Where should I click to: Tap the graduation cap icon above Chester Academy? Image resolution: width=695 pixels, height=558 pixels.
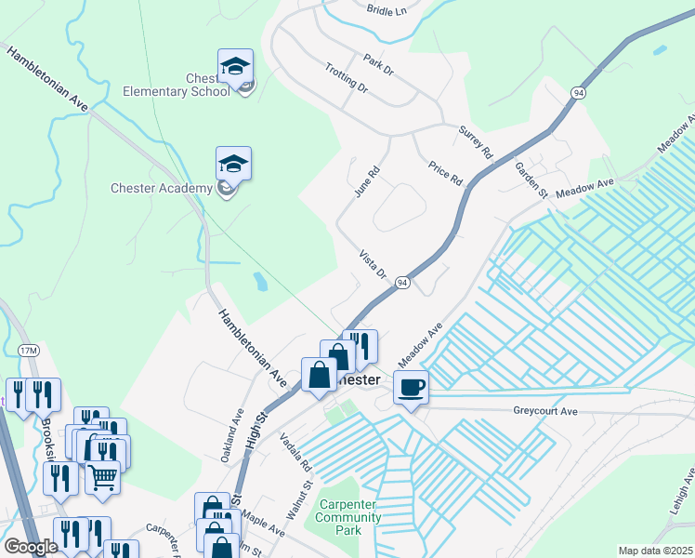(x=233, y=164)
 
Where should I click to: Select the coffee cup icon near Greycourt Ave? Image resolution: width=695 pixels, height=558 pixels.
(x=411, y=387)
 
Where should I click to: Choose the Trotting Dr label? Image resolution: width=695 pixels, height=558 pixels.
(x=347, y=78)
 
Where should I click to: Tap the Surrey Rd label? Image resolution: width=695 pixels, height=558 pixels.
(x=474, y=142)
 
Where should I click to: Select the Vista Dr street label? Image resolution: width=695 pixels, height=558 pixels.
(x=373, y=264)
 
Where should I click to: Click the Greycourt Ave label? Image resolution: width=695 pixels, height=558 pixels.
(x=545, y=410)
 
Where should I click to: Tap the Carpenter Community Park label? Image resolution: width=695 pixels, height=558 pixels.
(x=348, y=517)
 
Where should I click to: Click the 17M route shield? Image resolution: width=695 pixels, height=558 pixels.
(x=28, y=351)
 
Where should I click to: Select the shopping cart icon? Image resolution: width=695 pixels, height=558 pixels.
(x=103, y=477)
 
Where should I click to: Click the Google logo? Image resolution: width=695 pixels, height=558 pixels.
(x=31, y=547)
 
